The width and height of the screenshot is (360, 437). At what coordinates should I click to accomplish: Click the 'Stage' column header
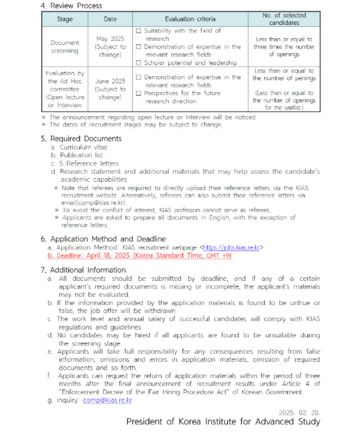(x=65, y=19)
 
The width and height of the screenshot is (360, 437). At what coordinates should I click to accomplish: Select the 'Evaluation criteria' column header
(x=190, y=19)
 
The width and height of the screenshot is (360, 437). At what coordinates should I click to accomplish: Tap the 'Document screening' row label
(x=64, y=47)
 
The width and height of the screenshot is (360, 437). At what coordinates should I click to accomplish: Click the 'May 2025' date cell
(x=110, y=39)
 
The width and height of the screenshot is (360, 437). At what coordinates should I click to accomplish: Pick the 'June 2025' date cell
(x=110, y=81)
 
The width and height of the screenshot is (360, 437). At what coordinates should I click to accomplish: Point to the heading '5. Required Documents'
(x=81, y=138)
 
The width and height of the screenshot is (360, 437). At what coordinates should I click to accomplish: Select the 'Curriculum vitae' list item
(x=83, y=147)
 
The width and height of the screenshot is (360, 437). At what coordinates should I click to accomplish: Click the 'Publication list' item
(x=81, y=155)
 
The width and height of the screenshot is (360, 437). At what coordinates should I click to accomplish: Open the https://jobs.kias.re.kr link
(x=231, y=247)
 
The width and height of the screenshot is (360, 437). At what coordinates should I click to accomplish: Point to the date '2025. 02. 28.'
(x=299, y=412)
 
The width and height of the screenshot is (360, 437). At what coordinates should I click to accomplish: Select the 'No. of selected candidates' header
(x=284, y=19)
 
